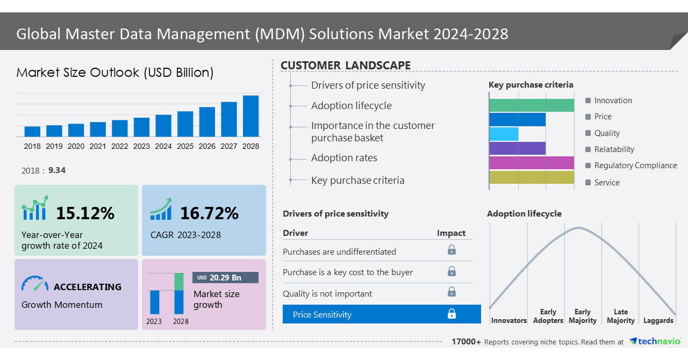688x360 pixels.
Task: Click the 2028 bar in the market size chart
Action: point(250,116)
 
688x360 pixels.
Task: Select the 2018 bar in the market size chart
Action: point(32,132)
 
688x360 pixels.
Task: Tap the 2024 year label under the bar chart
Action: point(163,146)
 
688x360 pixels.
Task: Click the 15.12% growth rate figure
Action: point(85,213)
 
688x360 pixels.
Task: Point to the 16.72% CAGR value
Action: point(209,213)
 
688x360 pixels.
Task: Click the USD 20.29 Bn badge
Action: point(225,278)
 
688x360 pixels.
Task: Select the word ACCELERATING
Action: point(88,287)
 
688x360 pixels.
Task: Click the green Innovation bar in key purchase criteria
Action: point(532,105)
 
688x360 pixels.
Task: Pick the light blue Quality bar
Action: point(504,134)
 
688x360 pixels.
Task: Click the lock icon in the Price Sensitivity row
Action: point(451,314)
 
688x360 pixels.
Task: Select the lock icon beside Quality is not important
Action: point(451,292)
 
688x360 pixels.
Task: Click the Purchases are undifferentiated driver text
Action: point(339,251)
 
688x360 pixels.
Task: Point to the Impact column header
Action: point(451,233)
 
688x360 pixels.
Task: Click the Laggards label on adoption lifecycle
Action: point(658,321)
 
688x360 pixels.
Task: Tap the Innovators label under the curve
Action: point(508,321)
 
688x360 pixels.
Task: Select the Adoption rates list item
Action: point(344,158)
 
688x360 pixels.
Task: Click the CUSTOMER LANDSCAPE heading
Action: point(346,66)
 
